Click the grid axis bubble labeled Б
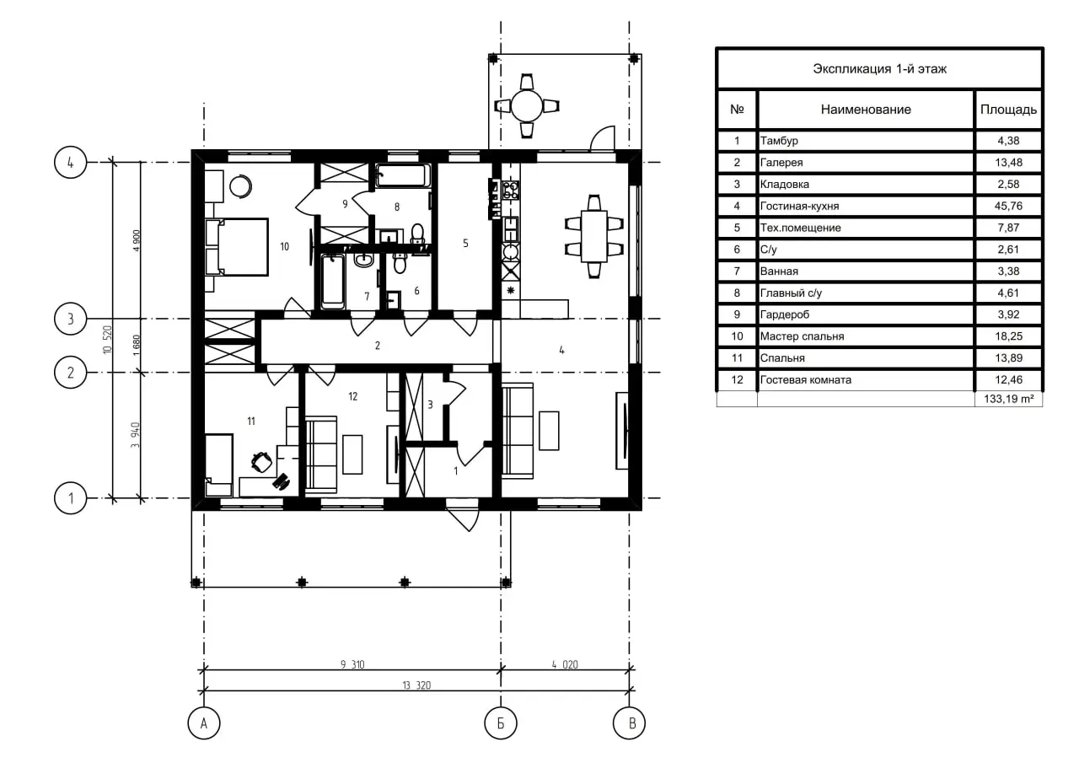501,723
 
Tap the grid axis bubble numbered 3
70,319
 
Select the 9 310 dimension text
352,664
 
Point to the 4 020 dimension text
565,664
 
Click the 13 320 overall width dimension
416,685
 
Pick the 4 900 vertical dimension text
137,240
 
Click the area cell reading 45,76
1008,207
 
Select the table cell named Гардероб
866,314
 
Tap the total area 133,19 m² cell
1009,399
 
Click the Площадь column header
1008,110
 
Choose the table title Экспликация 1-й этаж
879,69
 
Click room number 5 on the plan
465,244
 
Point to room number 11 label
251,422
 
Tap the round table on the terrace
527,106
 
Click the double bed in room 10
237,247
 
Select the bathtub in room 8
403,175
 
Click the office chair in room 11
261,462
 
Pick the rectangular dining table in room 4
594,236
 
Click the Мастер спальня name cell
866,336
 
